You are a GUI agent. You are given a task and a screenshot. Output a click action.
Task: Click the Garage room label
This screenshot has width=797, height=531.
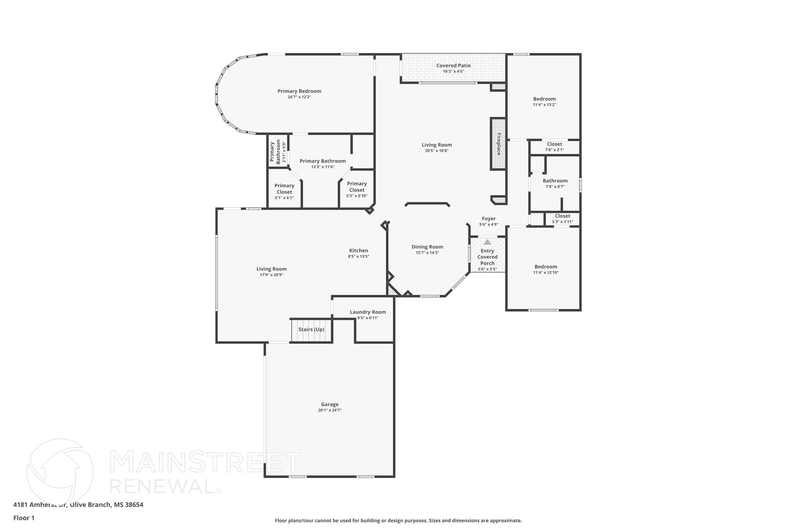coord(330,405)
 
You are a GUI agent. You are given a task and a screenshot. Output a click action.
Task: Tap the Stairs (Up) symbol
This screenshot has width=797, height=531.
coord(311,330)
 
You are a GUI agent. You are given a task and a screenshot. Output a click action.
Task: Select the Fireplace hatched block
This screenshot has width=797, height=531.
coord(498,144)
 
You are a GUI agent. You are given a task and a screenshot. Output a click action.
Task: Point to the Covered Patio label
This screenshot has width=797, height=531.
coord(453,66)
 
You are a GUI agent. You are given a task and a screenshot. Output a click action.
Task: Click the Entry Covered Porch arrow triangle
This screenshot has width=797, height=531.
coord(487,242)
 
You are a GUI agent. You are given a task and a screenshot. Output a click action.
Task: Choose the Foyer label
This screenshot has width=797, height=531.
coord(488,219)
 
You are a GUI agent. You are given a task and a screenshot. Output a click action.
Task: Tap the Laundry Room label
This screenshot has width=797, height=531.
coord(368,312)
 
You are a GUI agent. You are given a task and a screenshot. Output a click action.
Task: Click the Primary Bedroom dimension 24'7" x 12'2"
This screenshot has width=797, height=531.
coord(299,97)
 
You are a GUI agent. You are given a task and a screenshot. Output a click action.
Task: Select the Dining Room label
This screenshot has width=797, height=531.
coord(427,247)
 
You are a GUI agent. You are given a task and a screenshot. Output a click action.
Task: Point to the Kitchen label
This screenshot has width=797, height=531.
coord(358,251)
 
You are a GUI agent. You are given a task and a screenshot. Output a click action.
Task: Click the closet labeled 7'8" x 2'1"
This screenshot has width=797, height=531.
coord(555,147)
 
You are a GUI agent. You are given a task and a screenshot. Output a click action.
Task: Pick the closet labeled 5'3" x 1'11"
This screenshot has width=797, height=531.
coord(562,219)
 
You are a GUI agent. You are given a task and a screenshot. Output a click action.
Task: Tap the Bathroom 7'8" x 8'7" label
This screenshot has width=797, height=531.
coord(555,181)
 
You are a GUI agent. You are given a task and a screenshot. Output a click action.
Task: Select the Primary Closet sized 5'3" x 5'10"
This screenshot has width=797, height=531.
coord(357,189)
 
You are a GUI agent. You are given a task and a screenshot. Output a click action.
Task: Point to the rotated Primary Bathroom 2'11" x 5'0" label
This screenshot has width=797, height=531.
coord(278,152)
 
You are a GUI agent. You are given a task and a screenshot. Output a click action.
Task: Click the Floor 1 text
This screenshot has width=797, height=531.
coord(24,518)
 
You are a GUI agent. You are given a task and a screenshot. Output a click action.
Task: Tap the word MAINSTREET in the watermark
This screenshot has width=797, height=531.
coord(205,462)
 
